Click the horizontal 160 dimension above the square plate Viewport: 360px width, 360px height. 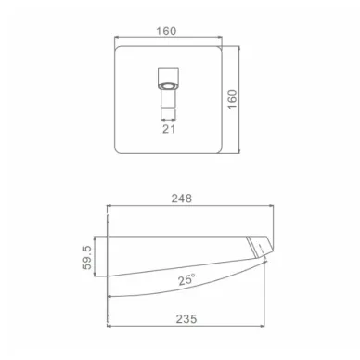166,32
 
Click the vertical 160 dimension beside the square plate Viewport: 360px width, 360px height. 232,98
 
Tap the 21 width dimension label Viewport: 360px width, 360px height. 169,129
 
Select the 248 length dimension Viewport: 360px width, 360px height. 182,199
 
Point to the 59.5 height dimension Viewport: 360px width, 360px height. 87,257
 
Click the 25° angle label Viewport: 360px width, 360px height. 186,279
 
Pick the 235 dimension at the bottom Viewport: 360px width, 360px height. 186,318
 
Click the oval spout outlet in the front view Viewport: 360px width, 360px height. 169,85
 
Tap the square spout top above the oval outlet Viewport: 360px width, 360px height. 169,74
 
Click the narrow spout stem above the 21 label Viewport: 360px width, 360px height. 169,98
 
